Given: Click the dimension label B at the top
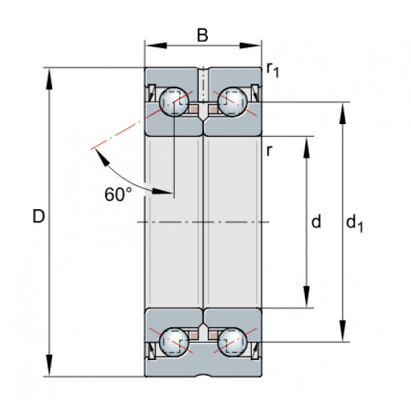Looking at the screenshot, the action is pyautogui.click(x=203, y=35).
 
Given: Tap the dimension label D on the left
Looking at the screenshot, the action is pyautogui.click(x=39, y=217).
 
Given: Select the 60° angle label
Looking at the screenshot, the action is pyautogui.click(x=118, y=194).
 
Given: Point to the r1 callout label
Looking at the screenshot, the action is pyautogui.click(x=273, y=69).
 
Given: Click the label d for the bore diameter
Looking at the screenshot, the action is pyautogui.click(x=316, y=221).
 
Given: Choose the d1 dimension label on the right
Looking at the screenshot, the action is pyautogui.click(x=354, y=223).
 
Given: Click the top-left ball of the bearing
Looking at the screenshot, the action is pyautogui.click(x=174, y=102).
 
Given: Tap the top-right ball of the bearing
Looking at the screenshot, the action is pyautogui.click(x=232, y=102).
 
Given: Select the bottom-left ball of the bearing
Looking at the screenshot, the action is pyautogui.click(x=174, y=342).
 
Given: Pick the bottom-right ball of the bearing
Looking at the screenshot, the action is pyautogui.click(x=232, y=342).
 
